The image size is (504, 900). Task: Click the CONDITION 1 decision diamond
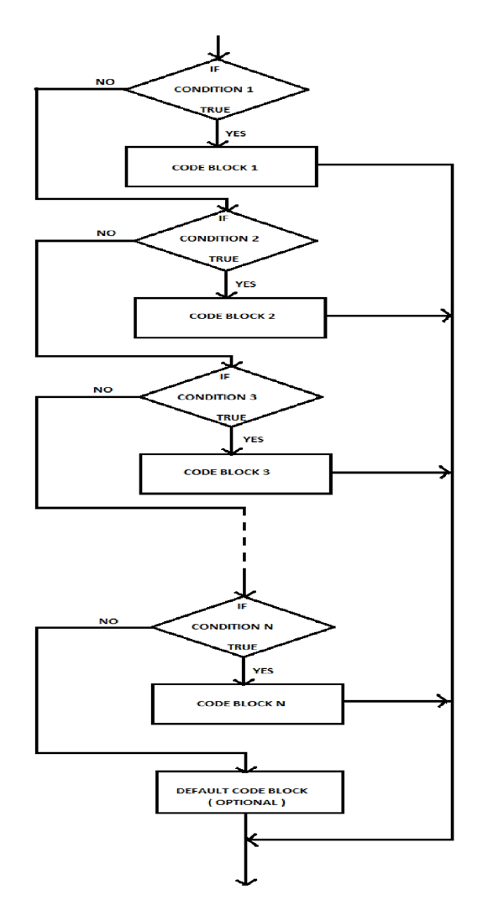(x=218, y=88)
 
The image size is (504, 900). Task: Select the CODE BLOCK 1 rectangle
(x=222, y=167)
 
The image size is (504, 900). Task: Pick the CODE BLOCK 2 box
(x=229, y=317)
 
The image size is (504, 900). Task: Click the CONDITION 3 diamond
(x=230, y=396)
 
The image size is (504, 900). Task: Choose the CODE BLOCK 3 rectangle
(x=235, y=473)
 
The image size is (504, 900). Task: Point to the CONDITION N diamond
(x=243, y=626)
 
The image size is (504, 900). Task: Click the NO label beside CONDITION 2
(x=107, y=233)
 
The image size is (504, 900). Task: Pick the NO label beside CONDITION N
(x=108, y=621)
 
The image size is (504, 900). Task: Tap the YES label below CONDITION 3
(x=252, y=438)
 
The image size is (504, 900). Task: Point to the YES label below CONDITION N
(x=263, y=670)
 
